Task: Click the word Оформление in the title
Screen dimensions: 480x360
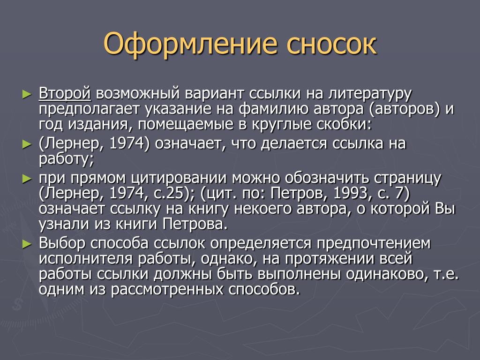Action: point(190,45)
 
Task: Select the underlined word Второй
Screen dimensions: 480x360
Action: point(65,94)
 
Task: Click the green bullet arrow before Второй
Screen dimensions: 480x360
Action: point(27,95)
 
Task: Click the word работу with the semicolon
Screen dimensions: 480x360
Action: point(66,159)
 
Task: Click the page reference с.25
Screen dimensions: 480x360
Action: point(169,194)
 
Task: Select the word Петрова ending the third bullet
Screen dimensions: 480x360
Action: point(195,224)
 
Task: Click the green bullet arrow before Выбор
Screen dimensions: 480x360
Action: point(27,244)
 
